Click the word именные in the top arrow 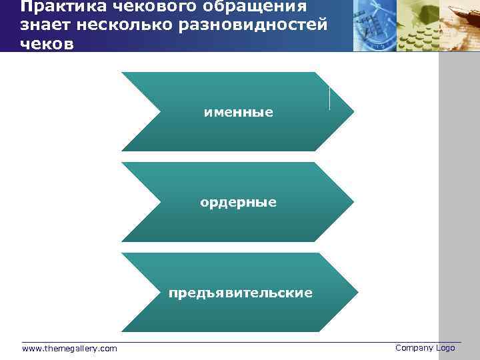coord(238,113)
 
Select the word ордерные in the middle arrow coord(238,202)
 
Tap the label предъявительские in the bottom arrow coord(240,293)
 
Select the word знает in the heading coord(43,25)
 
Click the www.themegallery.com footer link coord(69,349)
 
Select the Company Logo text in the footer coord(425,348)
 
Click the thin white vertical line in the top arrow coord(329,97)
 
